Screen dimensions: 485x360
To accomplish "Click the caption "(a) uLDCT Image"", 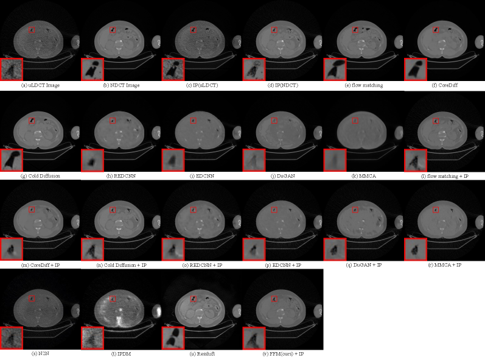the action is pyautogui.click(x=40, y=85).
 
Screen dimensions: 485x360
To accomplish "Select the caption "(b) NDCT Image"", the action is pyautogui.click(x=121, y=85).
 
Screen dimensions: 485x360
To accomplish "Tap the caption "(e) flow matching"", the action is pyautogui.click(x=364, y=85).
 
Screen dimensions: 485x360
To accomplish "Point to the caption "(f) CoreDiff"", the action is pyautogui.click(x=445, y=85).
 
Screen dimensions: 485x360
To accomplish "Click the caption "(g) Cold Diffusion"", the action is pyautogui.click(x=40, y=176).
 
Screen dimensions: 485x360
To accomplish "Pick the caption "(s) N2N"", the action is pyautogui.click(x=40, y=353).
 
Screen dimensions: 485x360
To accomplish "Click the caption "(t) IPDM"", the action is pyautogui.click(x=121, y=353).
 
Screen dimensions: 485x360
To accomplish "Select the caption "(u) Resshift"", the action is pyautogui.click(x=202, y=353).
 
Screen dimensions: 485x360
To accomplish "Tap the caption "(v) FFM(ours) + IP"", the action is pyautogui.click(x=283, y=353).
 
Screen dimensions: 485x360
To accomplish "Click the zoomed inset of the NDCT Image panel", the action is pyautogui.click(x=92, y=69).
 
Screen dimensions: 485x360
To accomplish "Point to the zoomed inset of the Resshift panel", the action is pyautogui.click(x=173, y=338).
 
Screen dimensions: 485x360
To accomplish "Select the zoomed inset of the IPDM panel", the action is pyautogui.click(x=92, y=338).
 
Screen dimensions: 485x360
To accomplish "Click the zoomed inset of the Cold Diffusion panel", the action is pyautogui.click(x=12, y=160).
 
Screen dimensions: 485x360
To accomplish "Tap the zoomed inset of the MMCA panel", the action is pyautogui.click(x=335, y=160).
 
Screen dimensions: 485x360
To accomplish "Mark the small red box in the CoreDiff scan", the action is pyautogui.click(x=436, y=30).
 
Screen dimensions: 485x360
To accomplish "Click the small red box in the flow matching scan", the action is pyautogui.click(x=355, y=30).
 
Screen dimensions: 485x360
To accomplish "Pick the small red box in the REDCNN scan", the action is pyautogui.click(x=113, y=121).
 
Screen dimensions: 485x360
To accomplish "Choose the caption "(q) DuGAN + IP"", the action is pyautogui.click(x=364, y=265).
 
